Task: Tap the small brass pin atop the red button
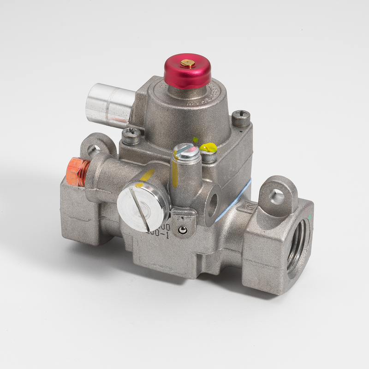pyautogui.click(x=188, y=63)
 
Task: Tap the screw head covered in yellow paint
pyautogui.click(x=208, y=148)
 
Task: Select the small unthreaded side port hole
pyautogui.click(x=212, y=205)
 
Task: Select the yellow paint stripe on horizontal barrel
pyautogui.click(x=146, y=176)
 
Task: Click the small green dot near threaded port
pyautogui.click(x=311, y=215)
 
